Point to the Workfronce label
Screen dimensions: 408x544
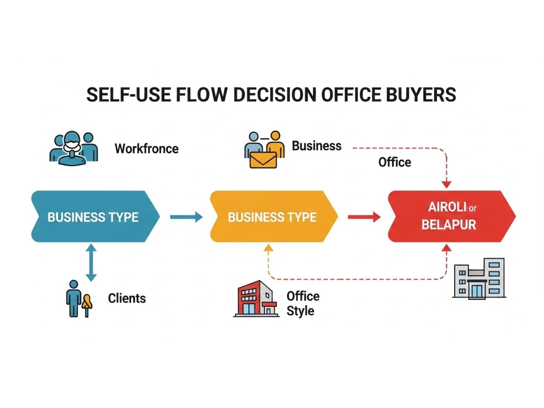146,148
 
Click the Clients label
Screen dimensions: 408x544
127,298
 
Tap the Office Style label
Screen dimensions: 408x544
303,303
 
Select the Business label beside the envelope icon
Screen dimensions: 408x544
316,146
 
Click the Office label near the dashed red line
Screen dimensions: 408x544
394,162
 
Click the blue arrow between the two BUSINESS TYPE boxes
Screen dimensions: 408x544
186,217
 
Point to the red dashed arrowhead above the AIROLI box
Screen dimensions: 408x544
447,184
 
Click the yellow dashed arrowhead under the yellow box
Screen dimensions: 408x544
268,248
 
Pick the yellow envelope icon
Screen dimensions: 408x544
262,160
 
